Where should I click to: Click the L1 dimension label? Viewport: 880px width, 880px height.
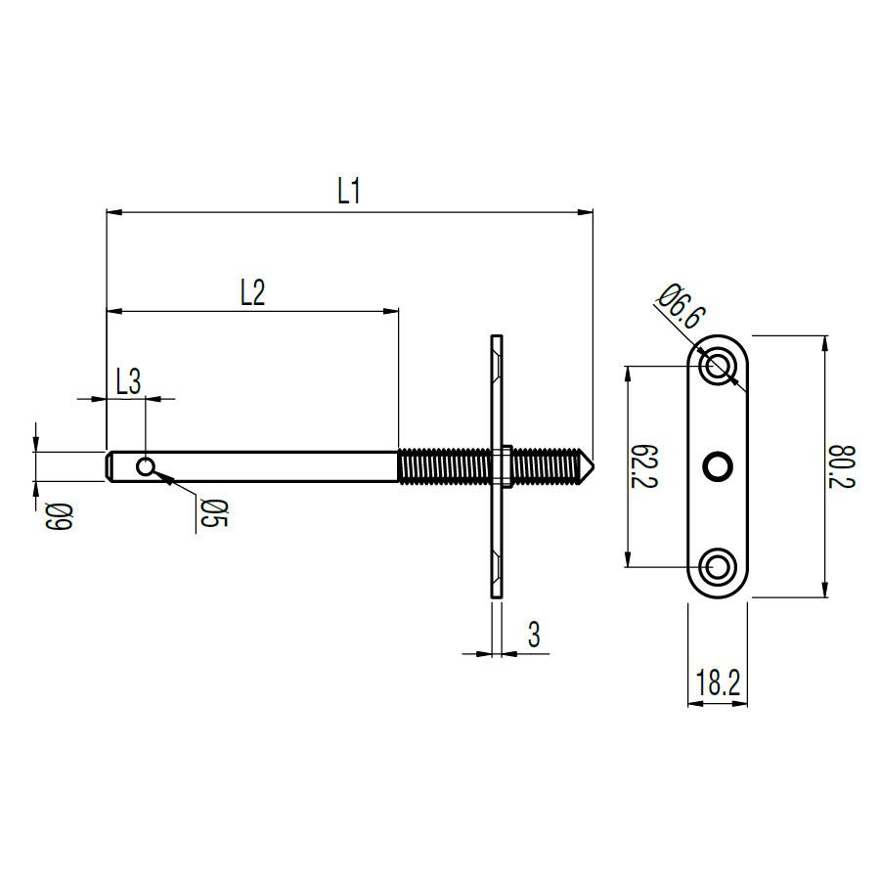(x=348, y=191)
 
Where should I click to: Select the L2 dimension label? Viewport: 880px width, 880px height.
(x=252, y=292)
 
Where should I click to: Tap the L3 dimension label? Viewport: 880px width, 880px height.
(x=128, y=382)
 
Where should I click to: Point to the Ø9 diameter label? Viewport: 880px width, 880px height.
(x=60, y=516)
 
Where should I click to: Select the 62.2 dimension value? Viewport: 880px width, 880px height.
(x=644, y=467)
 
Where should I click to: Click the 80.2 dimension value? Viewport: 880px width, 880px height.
(x=841, y=467)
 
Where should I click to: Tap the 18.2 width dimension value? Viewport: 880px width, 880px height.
(x=718, y=682)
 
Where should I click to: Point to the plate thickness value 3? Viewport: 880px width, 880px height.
(x=534, y=635)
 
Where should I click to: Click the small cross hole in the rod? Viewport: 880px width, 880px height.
(x=146, y=466)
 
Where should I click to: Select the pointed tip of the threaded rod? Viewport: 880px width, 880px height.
(x=593, y=465)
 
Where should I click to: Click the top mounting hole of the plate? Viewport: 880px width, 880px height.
(x=718, y=366)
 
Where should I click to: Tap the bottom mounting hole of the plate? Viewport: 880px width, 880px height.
(x=718, y=567)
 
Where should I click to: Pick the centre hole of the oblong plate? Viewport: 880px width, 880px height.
(x=718, y=466)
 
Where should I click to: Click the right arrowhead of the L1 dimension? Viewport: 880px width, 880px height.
(x=586, y=212)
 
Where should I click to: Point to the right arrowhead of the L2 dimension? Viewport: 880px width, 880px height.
(x=391, y=310)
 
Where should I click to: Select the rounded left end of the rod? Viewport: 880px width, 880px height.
(x=109, y=466)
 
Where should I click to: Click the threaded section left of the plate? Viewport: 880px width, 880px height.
(x=444, y=465)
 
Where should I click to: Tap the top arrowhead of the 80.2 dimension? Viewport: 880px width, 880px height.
(x=824, y=343)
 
